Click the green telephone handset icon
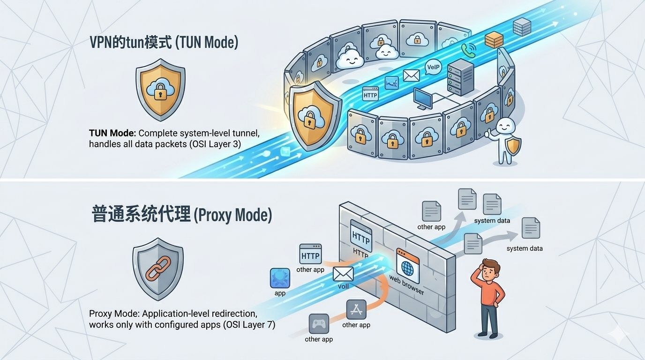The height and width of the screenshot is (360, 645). [468, 50]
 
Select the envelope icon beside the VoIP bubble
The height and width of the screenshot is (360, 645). [411, 75]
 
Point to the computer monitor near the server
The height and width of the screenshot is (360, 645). [423, 99]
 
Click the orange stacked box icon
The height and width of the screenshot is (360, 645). [494, 40]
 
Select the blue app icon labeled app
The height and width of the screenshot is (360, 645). [280, 278]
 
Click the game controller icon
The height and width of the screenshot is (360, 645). [319, 323]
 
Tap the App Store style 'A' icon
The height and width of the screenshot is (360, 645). [356, 309]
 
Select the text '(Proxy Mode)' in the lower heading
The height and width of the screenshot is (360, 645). [232, 215]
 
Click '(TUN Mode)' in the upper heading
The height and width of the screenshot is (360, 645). [207, 42]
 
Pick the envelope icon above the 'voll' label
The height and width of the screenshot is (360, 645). [343, 274]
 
